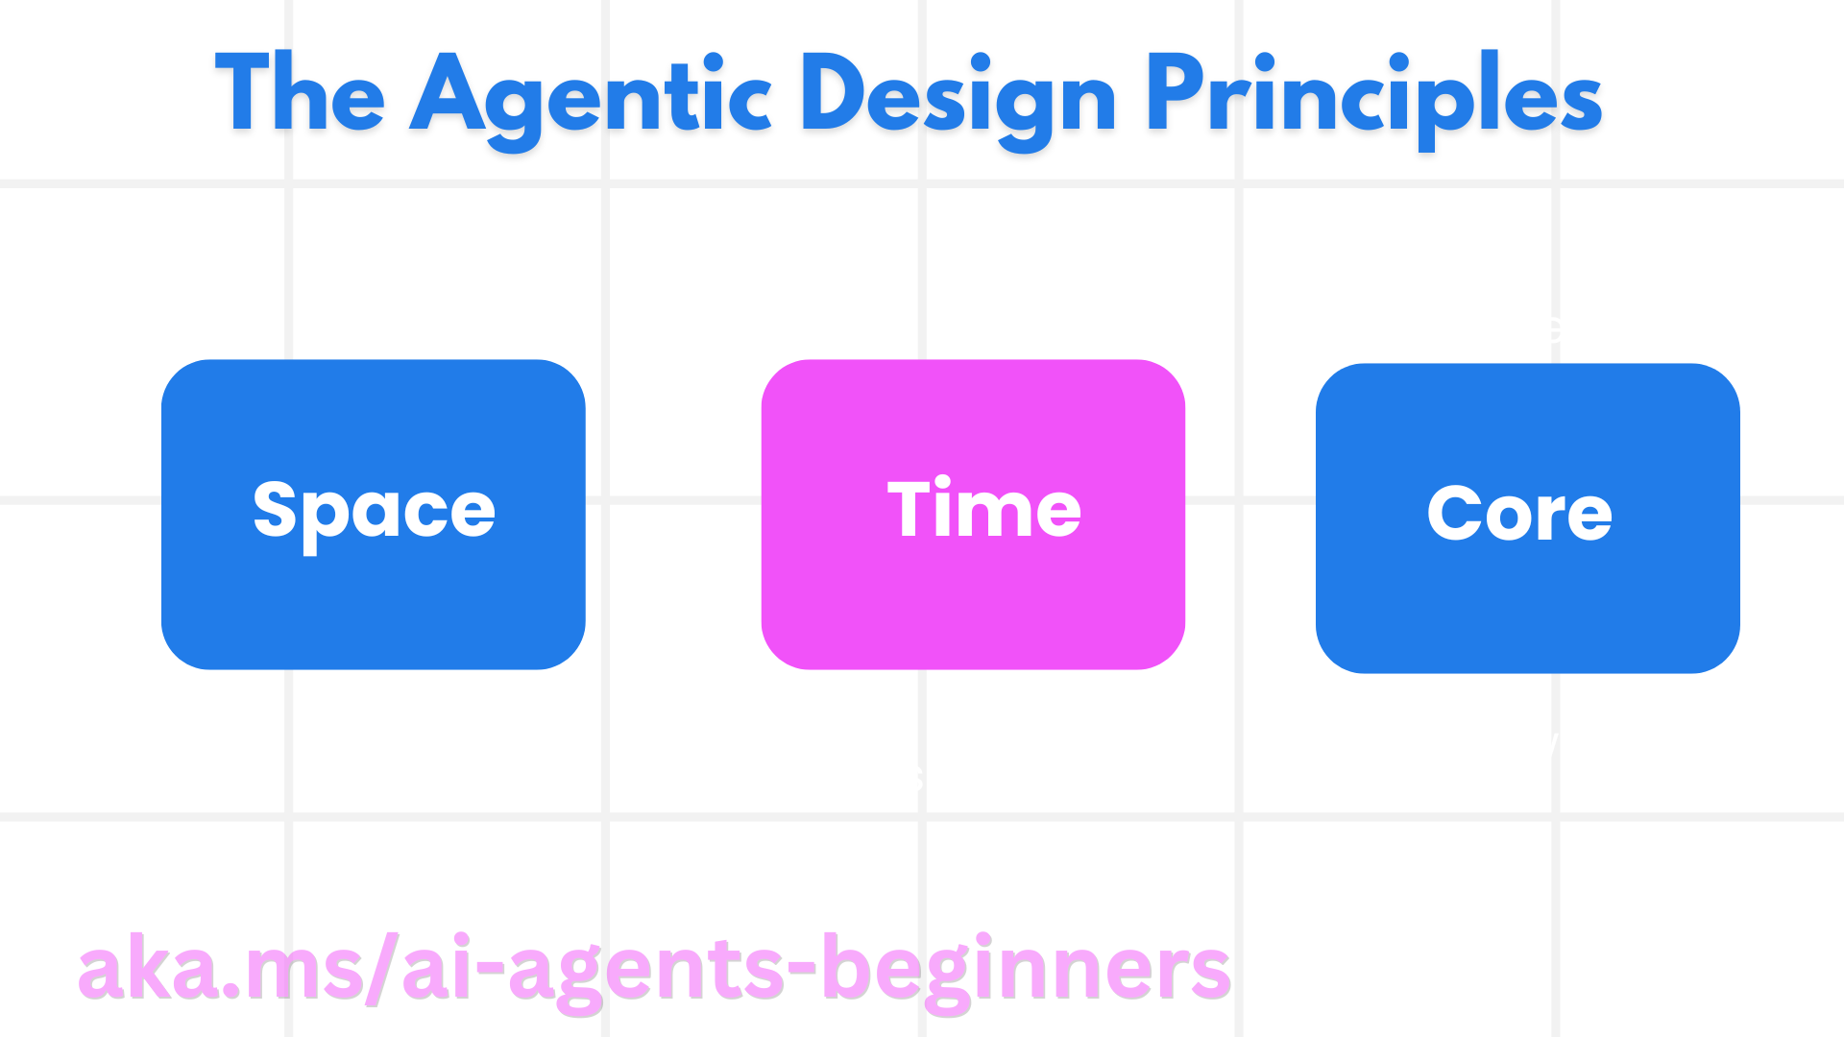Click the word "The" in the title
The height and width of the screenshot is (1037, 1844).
coord(300,94)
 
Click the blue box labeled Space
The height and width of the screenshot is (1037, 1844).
coord(373,595)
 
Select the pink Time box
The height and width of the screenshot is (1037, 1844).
coord(972,595)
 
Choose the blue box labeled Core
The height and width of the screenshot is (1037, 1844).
coord(1527,600)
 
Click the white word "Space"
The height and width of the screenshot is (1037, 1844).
coord(374,512)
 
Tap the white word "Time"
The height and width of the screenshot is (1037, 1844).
coord(983,509)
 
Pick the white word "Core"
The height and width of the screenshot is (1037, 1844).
coord(1519,513)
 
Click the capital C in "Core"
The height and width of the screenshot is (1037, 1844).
coord(1456,513)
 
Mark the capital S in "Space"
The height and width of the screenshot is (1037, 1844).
coord(277,509)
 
